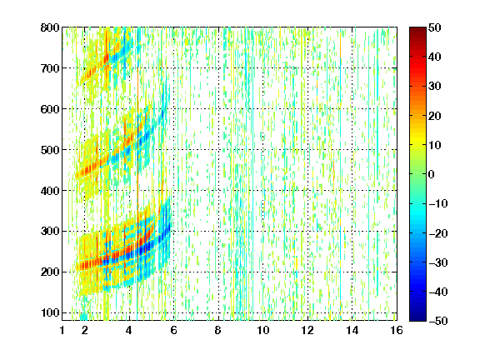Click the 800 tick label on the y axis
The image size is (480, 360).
pyautogui.click(x=50, y=27)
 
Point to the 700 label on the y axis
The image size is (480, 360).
pyautogui.click(x=50, y=68)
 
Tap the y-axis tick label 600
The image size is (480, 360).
pyautogui.click(x=50, y=109)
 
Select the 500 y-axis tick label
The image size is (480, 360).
pyautogui.click(x=50, y=150)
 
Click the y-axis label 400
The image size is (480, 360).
pyautogui.click(x=50, y=191)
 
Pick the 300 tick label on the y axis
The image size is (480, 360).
pyautogui.click(x=50, y=231)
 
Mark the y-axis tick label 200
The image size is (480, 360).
pyautogui.click(x=50, y=272)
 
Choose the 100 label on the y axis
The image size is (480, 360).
pyautogui.click(x=50, y=312)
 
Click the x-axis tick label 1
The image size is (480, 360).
pyautogui.click(x=62, y=330)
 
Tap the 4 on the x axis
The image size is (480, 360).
pyautogui.click(x=129, y=330)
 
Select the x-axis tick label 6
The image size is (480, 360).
pyautogui.click(x=174, y=330)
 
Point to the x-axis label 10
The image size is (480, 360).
pyautogui.click(x=263, y=330)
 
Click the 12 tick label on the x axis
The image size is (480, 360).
pyautogui.click(x=307, y=330)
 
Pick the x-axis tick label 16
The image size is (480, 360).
pyautogui.click(x=397, y=330)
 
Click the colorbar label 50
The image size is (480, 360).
pyautogui.click(x=435, y=27)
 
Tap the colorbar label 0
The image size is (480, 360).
pyautogui.click(x=432, y=174)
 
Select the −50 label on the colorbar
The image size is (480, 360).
pyautogui.click(x=438, y=321)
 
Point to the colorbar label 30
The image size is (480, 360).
pyautogui.click(x=435, y=87)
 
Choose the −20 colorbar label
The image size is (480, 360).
pyautogui.click(x=438, y=233)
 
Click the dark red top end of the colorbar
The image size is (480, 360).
pyautogui.click(x=417, y=30)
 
